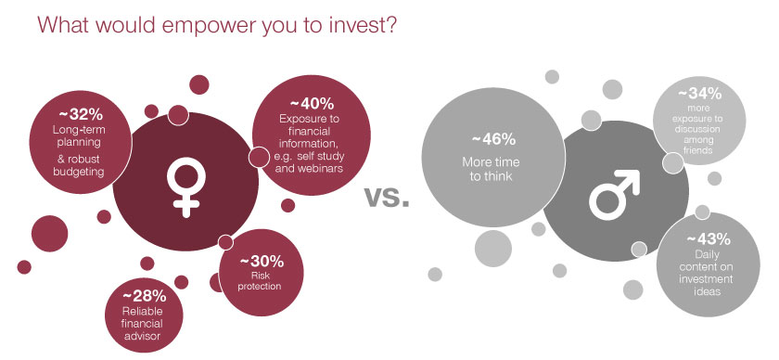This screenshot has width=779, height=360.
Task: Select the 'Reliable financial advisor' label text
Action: [152, 324]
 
